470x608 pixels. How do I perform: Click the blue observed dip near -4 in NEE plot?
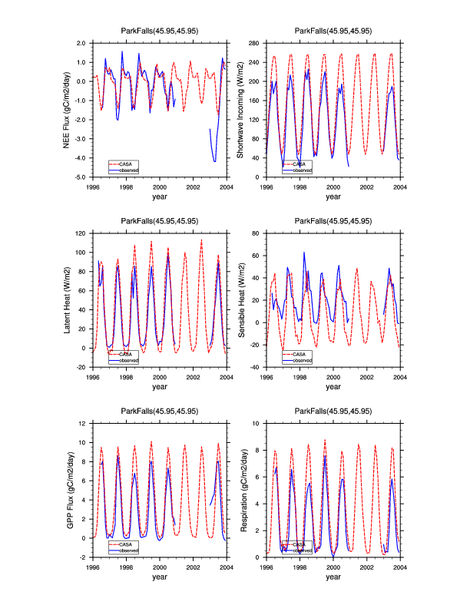click(214, 160)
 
